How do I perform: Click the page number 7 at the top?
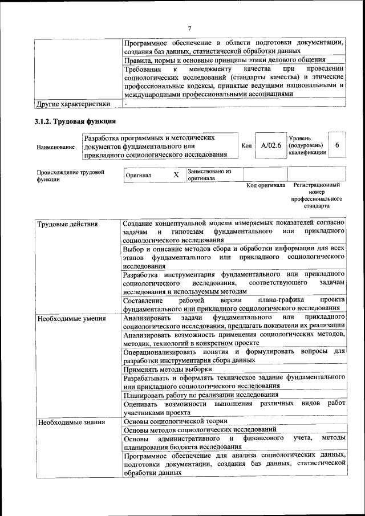coord(189,29)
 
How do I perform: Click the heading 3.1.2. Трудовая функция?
coord(75,121)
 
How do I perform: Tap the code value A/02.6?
coord(271,145)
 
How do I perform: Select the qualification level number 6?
coord(337,145)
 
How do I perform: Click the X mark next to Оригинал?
coord(176,174)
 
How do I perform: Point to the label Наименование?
coord(55,147)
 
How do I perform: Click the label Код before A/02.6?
coord(247,146)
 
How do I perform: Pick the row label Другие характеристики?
coord(72,104)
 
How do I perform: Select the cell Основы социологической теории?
coord(176,421)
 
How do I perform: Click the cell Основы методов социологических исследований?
coord(200,430)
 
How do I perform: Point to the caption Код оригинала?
coord(265,185)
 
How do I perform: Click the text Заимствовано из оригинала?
coord(208,174)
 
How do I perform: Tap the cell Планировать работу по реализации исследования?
coord(201,395)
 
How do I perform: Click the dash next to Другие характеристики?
coord(126,104)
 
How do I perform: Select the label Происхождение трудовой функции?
coord(71,175)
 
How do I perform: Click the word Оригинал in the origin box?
coord(139,175)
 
